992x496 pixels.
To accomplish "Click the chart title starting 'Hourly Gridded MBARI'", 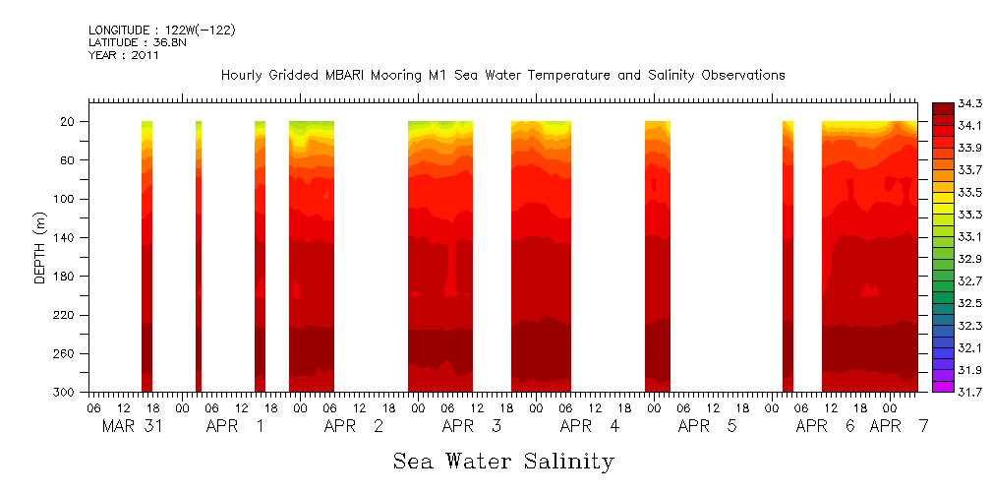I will [x=502, y=75].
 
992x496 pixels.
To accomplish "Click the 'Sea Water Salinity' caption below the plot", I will [x=503, y=461].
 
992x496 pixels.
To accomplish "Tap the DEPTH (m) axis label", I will [x=40, y=246].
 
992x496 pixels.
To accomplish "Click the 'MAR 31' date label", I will [x=133, y=426].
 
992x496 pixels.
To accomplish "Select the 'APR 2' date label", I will [x=354, y=426].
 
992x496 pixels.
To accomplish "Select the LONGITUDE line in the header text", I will [x=161, y=31].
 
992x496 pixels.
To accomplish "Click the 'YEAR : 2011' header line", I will [x=124, y=55].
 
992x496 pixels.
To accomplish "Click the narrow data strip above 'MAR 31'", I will [x=146, y=256].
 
